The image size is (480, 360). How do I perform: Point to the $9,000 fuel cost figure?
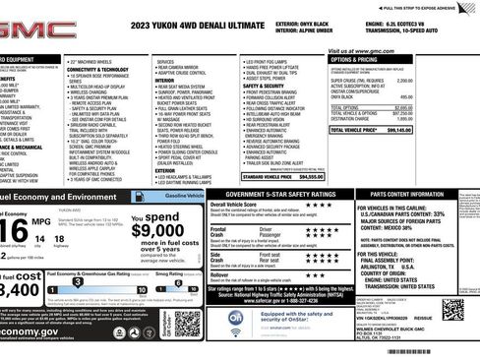tap(157, 231)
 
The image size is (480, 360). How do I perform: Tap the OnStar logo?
tap(236, 319)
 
